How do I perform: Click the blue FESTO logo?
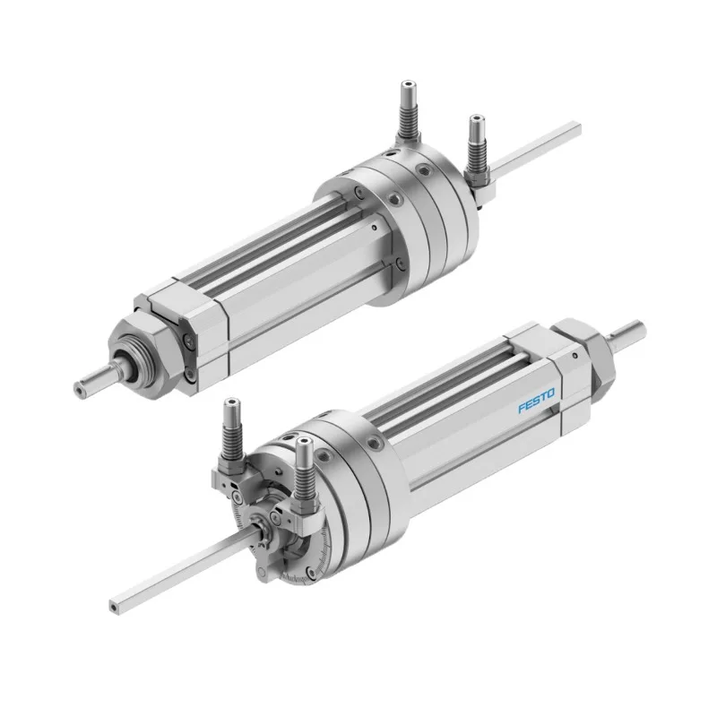pyautogui.click(x=537, y=400)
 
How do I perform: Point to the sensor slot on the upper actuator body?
pyautogui.click(x=269, y=260)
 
